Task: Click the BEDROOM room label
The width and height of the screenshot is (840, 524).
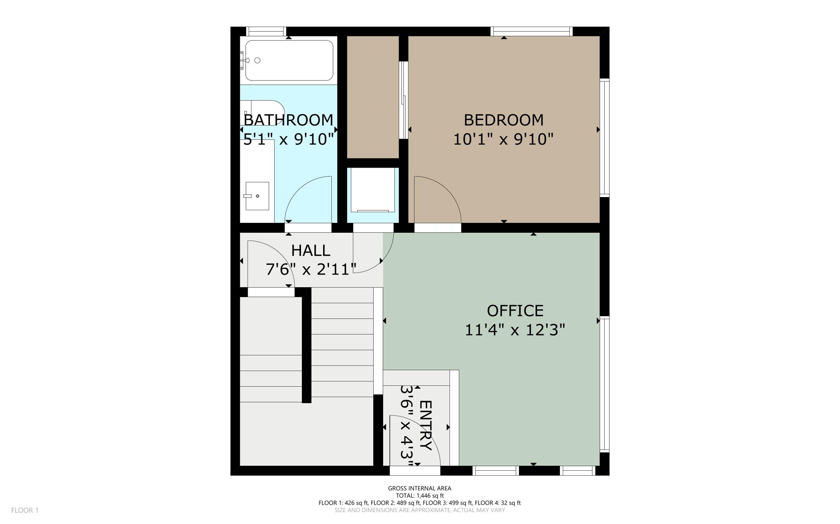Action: point(503,120)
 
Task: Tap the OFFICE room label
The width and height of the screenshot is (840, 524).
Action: point(515,311)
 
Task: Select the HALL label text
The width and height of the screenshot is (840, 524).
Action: point(310,251)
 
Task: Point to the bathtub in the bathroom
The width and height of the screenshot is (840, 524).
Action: point(289,60)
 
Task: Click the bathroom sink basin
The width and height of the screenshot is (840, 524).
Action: point(257,196)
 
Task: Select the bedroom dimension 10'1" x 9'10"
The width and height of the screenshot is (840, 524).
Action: point(503,139)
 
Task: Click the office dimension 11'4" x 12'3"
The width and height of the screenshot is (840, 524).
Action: point(515,330)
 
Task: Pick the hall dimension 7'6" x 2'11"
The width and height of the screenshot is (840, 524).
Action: point(310,270)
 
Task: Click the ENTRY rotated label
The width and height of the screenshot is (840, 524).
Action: point(426,425)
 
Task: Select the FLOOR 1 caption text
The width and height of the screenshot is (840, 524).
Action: point(25,510)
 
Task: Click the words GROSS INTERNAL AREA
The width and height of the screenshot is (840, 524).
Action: point(420,488)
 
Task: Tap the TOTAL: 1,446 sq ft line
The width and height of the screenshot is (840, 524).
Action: point(420,495)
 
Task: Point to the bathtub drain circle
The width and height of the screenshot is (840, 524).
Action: point(257,61)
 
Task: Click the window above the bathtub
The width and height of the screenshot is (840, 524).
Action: point(266,31)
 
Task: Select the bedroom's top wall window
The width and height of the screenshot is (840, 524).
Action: point(531,31)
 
